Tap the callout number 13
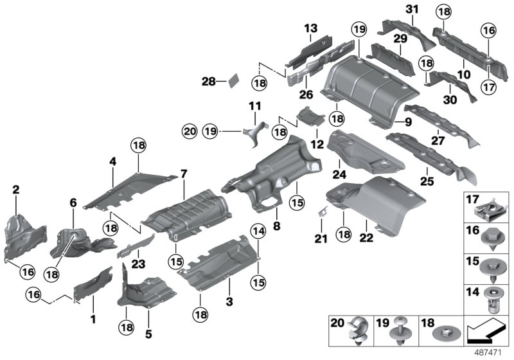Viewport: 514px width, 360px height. click(311, 29)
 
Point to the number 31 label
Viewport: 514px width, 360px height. click(412, 8)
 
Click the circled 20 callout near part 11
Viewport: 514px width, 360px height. click(188, 131)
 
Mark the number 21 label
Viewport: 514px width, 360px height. click(321, 239)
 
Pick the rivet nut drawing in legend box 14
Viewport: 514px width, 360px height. click(492, 301)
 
